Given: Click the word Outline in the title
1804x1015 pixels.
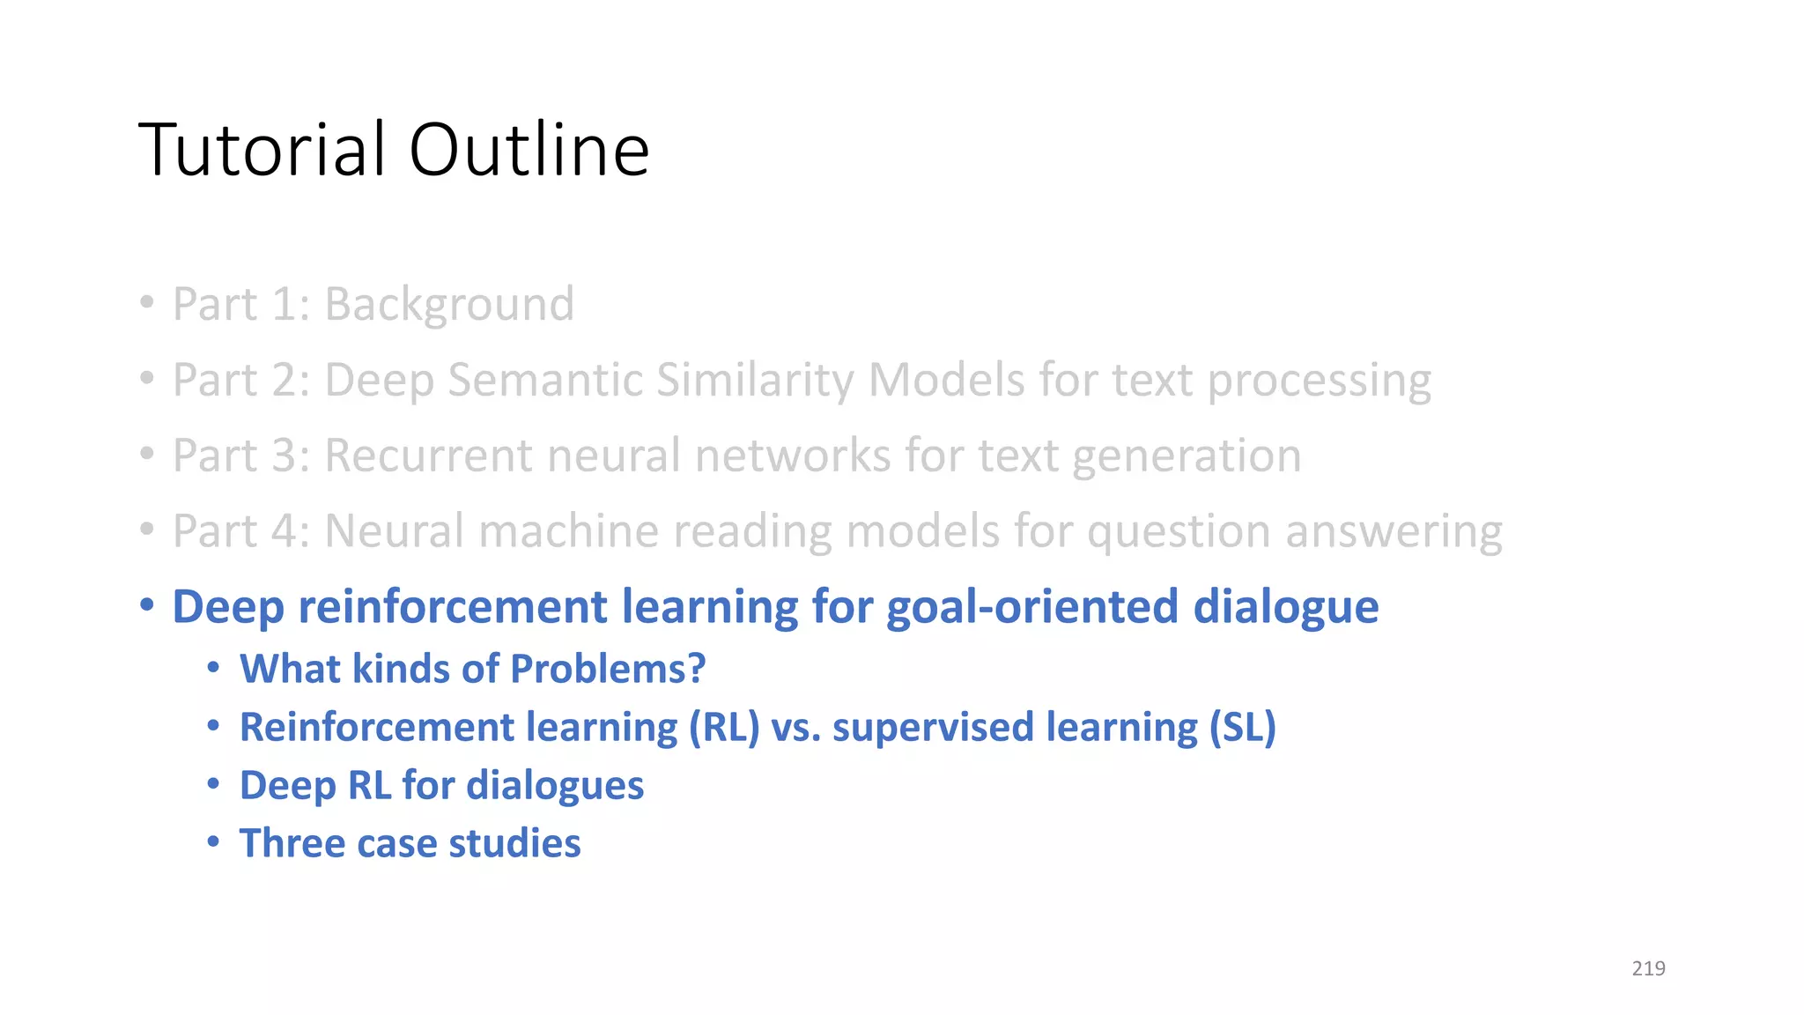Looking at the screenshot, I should coord(529,150).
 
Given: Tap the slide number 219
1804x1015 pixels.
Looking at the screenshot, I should coord(1648,968).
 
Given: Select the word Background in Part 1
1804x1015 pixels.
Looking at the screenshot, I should coord(449,306).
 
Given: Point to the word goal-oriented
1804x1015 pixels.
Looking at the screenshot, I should coord(1032,608).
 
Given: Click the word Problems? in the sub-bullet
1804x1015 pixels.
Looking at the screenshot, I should coord(608,669).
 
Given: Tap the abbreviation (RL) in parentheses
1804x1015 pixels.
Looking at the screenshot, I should coord(723,728).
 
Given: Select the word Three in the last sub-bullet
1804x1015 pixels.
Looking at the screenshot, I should coord(292,843).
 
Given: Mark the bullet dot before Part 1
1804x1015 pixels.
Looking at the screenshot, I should coord(147,303).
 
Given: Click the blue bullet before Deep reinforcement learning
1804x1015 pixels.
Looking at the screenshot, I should coord(147,605).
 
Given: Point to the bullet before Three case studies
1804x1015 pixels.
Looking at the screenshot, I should coord(213,841).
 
